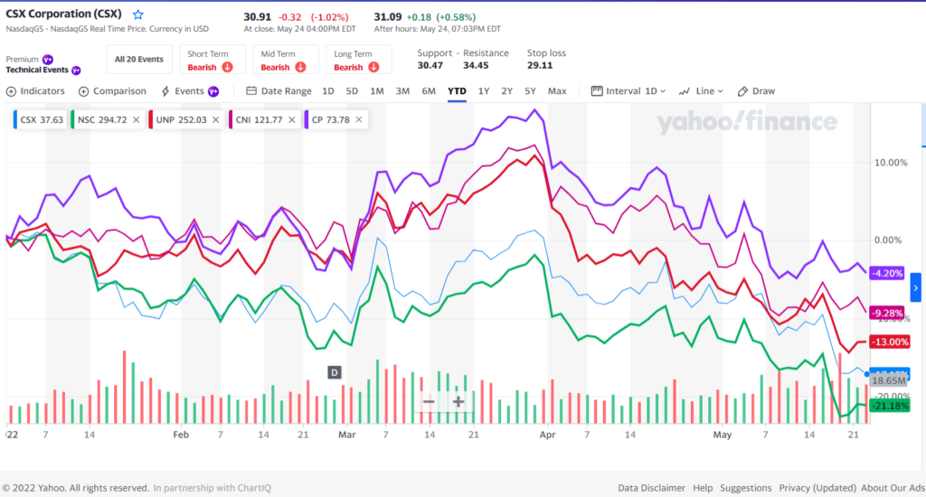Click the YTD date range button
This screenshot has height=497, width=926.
(x=457, y=91)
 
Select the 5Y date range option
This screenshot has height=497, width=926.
(x=530, y=91)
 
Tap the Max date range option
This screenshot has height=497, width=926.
(x=557, y=91)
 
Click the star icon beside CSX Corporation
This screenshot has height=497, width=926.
(x=138, y=15)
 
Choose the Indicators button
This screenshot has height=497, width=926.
(x=36, y=91)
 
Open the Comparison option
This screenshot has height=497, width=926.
(x=112, y=91)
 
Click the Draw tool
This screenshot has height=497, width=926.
(x=757, y=91)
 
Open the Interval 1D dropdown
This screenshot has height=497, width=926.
(x=628, y=91)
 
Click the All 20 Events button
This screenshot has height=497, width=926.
(x=138, y=60)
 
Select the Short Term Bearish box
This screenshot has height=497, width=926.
(x=211, y=60)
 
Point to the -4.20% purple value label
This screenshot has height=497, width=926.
(x=886, y=273)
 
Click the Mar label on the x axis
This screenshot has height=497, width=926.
(x=346, y=435)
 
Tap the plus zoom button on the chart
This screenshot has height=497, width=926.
(x=458, y=401)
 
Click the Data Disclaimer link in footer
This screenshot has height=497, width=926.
(x=651, y=488)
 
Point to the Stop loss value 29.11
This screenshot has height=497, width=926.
(x=541, y=66)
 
